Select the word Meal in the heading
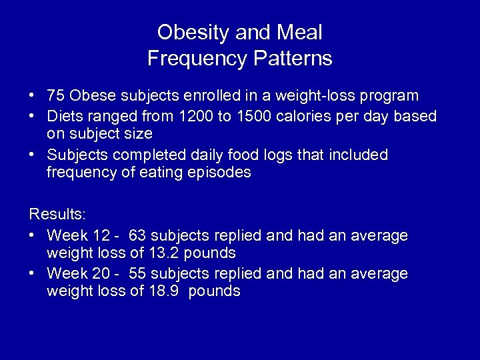pyautogui.click(x=297, y=32)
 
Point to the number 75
pyautogui.click(x=56, y=96)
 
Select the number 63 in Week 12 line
pyautogui.click(x=138, y=235)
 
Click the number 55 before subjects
pyautogui.click(x=138, y=273)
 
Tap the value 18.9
pyautogui.click(x=164, y=291)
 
